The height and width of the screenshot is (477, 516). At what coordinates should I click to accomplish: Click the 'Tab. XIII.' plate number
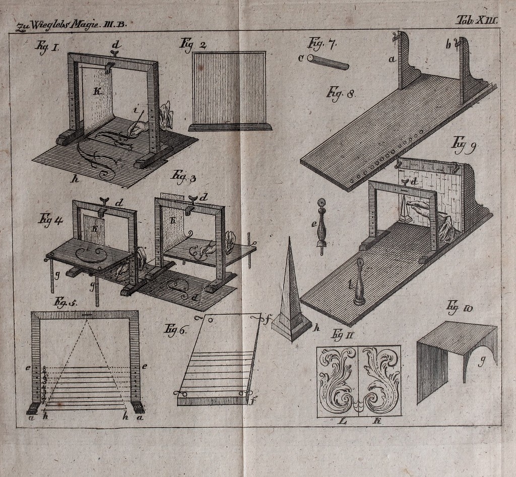476,20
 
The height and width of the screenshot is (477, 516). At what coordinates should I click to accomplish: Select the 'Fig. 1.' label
47,47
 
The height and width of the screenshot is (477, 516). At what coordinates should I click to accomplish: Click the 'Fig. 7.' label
322,44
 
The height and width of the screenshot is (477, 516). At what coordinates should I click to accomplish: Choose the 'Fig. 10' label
459,306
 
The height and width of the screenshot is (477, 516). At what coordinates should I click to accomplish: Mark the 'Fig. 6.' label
176,330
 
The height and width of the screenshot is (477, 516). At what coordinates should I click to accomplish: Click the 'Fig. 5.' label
65,303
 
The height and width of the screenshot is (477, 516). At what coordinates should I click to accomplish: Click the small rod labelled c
328,62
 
